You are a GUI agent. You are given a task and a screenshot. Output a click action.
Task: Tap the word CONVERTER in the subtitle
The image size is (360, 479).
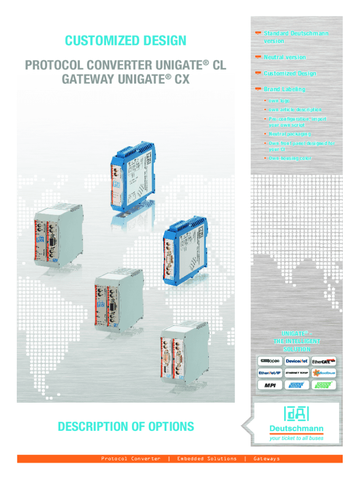tap(117, 65)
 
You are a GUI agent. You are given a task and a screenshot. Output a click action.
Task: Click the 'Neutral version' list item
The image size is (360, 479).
tap(284, 57)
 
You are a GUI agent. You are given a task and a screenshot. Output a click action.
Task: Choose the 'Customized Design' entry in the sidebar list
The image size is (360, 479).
tap(289, 73)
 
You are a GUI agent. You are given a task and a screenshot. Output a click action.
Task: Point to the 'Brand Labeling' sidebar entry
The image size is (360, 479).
tap(284, 89)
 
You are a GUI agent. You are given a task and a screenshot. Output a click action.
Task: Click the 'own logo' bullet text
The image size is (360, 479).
tap(279, 101)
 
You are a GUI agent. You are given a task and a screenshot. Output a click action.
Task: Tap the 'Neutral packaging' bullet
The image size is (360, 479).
tap(289, 134)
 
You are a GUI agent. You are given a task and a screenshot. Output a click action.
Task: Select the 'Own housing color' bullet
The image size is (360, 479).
tap(290, 158)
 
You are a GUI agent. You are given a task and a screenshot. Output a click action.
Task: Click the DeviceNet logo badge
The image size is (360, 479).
tap(296, 361)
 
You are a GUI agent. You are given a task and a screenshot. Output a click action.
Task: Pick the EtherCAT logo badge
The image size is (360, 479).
tap(324, 361)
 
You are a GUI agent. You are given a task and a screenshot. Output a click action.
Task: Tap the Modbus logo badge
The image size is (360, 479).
tap(324, 373)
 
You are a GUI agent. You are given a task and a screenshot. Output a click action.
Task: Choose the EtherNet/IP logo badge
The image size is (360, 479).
tap(269, 373)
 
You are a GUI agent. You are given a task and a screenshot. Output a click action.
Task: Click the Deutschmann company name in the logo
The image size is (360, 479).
tap(296, 429)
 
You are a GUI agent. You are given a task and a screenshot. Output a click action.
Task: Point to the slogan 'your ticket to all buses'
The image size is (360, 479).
tap(296, 438)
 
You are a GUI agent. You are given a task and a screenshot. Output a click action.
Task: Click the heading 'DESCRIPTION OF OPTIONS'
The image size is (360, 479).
tap(126, 426)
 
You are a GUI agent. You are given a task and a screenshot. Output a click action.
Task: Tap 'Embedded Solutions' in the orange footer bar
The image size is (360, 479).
tap(207, 458)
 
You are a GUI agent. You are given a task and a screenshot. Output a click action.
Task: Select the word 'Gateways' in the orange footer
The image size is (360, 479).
tap(266, 458)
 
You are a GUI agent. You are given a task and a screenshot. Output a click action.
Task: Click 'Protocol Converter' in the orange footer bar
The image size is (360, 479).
tap(131, 458)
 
